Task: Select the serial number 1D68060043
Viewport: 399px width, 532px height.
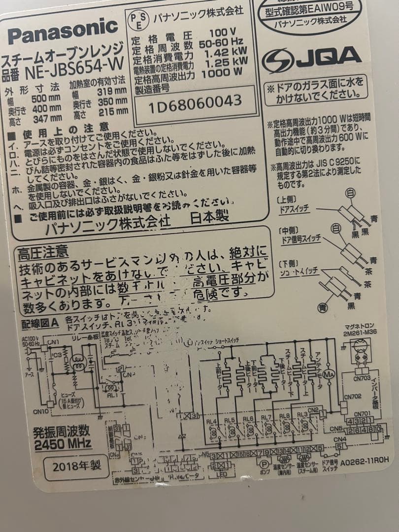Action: click(x=195, y=102)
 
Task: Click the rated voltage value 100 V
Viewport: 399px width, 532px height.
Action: click(x=223, y=33)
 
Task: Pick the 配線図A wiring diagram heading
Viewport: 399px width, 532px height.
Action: click(x=40, y=324)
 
